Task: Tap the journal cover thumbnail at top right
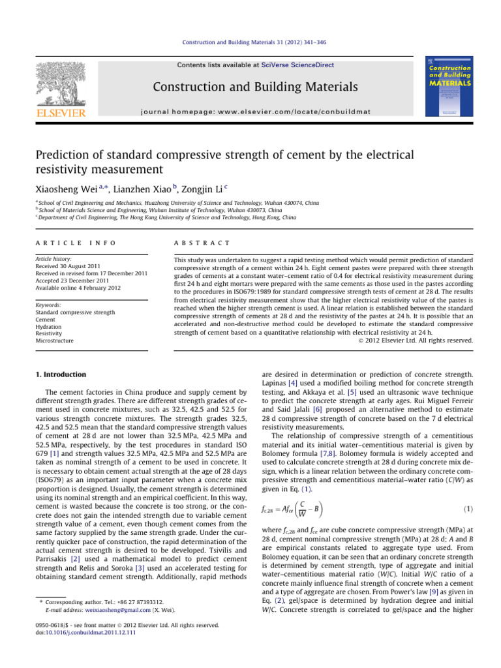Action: point(448,90)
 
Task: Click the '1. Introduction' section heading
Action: point(59,374)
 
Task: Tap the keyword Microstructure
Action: point(55,341)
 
